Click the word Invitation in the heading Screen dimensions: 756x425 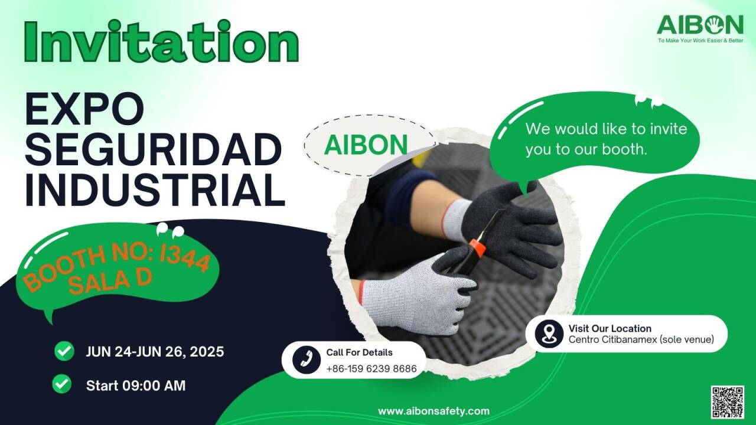coord(161,41)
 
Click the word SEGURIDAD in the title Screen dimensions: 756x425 coord(154,149)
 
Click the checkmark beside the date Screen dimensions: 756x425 coord(64,351)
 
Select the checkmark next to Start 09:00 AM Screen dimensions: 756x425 coord(62,384)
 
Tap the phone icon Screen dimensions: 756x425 coord(307,359)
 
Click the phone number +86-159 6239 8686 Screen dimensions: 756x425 coord(372,369)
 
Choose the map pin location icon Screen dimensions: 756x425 coord(549,334)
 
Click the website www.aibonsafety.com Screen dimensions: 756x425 coord(434,411)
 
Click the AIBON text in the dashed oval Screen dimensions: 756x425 coord(366,145)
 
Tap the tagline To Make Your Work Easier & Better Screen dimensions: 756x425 coord(700,41)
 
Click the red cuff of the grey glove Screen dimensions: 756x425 coord(362,292)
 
